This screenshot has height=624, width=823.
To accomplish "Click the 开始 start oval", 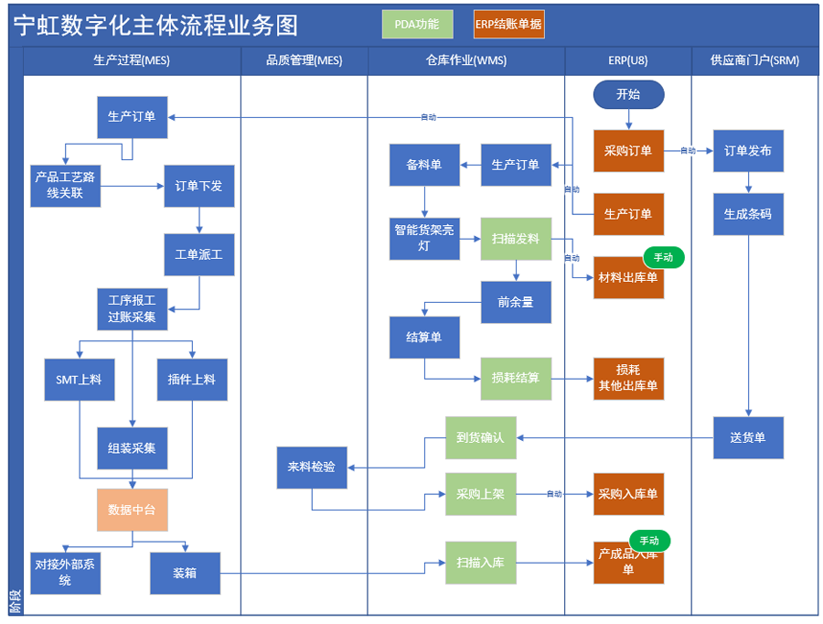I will click(628, 94).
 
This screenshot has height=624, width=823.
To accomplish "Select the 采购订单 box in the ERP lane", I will click(628, 151).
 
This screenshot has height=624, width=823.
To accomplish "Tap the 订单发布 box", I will click(748, 151).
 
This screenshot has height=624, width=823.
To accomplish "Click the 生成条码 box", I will click(748, 214).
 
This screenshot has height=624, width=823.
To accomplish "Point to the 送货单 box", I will click(748, 437).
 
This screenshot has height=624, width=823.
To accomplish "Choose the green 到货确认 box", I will click(480, 437).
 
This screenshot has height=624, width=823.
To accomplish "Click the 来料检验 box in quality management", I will click(312, 468).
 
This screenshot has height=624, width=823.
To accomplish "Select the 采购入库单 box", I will click(628, 495).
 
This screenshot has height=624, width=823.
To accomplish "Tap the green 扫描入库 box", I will click(480, 563).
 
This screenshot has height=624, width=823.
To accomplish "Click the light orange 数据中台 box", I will click(133, 510).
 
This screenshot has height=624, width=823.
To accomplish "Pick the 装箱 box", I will click(185, 574).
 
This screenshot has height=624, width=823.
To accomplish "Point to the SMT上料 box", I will click(80, 379).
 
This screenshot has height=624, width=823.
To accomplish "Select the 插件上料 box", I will click(191, 379).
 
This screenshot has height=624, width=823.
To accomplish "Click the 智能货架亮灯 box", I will click(424, 239).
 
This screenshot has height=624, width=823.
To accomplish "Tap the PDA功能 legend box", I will click(417, 25).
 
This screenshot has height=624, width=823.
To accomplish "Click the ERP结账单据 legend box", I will click(508, 25).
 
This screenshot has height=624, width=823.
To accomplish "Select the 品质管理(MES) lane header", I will click(305, 60).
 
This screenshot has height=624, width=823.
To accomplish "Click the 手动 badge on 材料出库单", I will click(663, 258).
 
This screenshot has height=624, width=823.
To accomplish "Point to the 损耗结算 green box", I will click(516, 378).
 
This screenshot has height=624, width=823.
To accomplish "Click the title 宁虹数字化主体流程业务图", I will click(155, 26).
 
